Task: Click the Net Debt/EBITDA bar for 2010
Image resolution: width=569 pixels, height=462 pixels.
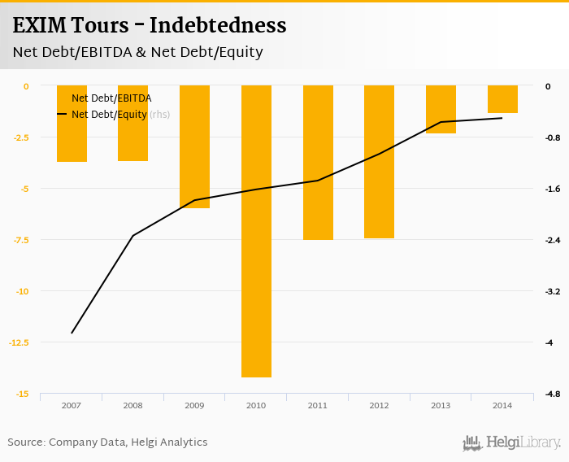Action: [256, 231]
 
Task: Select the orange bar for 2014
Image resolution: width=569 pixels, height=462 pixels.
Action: [502, 99]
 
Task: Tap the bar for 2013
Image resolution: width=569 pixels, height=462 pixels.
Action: [441, 109]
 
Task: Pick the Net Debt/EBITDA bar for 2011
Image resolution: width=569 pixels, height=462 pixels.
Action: [318, 163]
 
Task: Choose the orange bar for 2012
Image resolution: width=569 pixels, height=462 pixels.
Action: [379, 162]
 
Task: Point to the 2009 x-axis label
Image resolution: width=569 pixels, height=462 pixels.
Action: [194, 405]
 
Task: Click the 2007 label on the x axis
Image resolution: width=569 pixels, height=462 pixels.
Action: [71, 405]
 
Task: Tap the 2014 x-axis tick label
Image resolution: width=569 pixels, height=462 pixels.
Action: [502, 405]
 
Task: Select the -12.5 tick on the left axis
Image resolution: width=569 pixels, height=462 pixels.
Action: [20, 342]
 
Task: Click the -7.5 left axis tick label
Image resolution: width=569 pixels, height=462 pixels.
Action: [22, 240]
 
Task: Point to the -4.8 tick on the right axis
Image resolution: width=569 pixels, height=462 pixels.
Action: [553, 394]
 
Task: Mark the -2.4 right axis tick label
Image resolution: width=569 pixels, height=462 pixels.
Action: [553, 240]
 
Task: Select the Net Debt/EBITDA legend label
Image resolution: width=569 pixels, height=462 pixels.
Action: [111, 98]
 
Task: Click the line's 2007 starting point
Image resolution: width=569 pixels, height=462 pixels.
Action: [72, 333]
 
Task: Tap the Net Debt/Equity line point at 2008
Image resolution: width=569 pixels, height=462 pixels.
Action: [133, 236]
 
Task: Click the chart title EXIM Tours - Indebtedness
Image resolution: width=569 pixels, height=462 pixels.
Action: [150, 26]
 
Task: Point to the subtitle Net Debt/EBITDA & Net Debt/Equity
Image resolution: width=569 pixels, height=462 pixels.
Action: [137, 53]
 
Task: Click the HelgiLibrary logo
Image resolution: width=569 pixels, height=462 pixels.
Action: [511, 443]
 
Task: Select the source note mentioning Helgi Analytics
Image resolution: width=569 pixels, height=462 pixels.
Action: [107, 442]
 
